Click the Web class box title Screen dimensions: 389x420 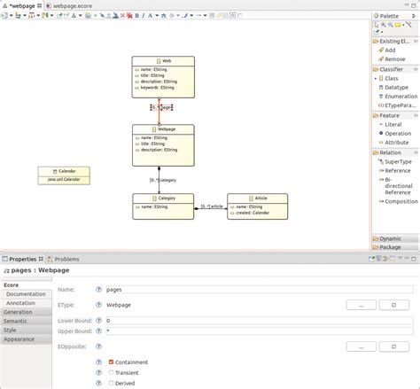[x=164, y=61]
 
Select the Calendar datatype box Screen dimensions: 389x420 [x=63, y=174]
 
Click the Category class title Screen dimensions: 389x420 [x=164, y=198]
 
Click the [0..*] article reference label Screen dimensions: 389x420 [x=211, y=206]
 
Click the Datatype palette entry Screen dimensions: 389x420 [x=396, y=87]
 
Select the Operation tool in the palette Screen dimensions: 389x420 [x=397, y=133]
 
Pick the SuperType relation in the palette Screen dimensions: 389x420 [x=398, y=161]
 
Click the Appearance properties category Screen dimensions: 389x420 [x=21, y=338]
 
